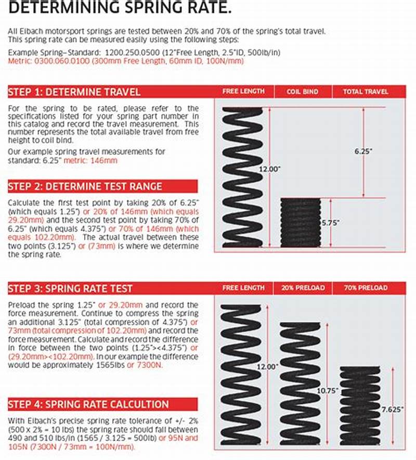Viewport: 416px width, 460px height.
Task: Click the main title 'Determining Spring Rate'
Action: (x=120, y=8)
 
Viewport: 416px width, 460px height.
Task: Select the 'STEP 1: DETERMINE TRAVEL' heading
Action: (x=74, y=92)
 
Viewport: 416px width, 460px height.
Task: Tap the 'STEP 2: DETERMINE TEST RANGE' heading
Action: (x=85, y=186)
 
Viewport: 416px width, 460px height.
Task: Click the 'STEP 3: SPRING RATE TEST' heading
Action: (x=70, y=288)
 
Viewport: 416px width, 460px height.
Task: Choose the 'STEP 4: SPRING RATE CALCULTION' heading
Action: (x=88, y=404)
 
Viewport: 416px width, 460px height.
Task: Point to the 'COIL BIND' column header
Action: (x=302, y=91)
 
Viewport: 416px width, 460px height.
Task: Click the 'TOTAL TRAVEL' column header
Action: (x=365, y=91)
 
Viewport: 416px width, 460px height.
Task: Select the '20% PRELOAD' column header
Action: (x=302, y=287)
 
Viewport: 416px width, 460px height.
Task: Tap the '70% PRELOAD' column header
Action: (x=365, y=287)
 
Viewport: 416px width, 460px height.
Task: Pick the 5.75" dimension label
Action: (x=330, y=222)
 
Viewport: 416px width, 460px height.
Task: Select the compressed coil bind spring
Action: (x=301, y=222)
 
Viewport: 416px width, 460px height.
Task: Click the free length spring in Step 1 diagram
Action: (x=242, y=177)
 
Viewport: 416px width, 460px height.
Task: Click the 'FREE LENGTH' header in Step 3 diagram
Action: (x=243, y=287)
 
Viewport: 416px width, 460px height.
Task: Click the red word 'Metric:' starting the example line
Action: (x=20, y=61)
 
